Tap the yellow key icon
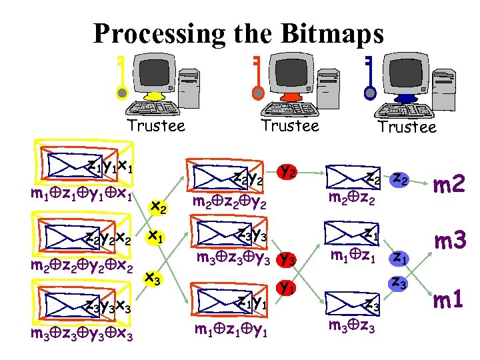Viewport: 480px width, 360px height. (121, 76)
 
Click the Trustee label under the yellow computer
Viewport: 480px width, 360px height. (156, 125)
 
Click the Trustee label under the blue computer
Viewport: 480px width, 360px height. (407, 127)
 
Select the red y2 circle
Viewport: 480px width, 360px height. (287, 172)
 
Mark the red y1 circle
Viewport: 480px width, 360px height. (287, 289)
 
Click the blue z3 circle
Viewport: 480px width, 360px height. (399, 283)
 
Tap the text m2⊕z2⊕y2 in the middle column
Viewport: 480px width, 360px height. (230, 202)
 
